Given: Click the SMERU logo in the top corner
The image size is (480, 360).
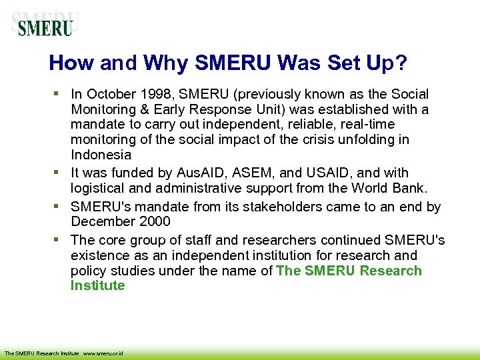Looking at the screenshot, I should tap(45, 25).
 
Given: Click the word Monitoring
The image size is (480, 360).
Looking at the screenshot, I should tap(103, 109).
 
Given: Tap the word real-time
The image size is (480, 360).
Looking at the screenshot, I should tap(365, 125).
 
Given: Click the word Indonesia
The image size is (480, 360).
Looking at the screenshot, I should tap(101, 155).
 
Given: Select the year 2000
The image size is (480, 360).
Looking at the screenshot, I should tap(155, 221).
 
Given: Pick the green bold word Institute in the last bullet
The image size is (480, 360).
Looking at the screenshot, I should tap(98, 286).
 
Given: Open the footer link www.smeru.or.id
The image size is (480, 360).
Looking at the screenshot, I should tap(105, 353).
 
